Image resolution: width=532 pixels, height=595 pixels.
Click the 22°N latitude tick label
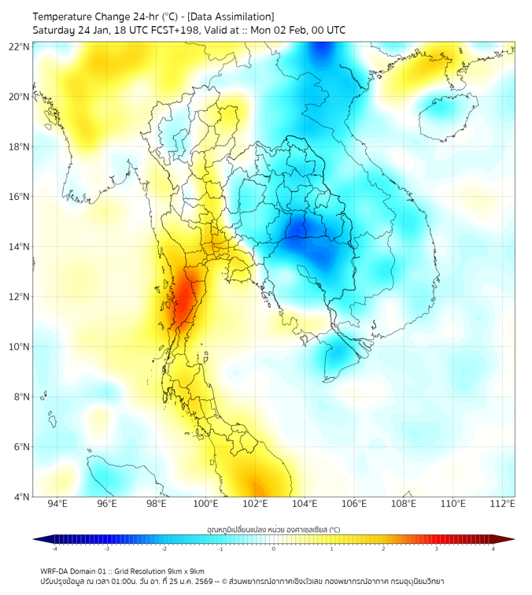pos(20,47)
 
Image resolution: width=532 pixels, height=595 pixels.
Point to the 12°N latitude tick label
pos(20,297)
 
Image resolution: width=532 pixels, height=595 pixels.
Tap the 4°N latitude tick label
pos(21,497)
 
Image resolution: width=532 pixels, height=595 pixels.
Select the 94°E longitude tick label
pos(57,504)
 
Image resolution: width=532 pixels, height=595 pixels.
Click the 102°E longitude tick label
pos(256,504)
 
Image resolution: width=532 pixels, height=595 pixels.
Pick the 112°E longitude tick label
pos(503,504)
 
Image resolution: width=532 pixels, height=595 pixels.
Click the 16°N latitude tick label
pos(20,197)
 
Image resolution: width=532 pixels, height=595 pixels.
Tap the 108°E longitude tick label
pos(404,504)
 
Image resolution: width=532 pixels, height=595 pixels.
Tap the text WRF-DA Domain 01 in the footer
pos(77,571)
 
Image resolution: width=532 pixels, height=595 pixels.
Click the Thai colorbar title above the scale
pos(273,530)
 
